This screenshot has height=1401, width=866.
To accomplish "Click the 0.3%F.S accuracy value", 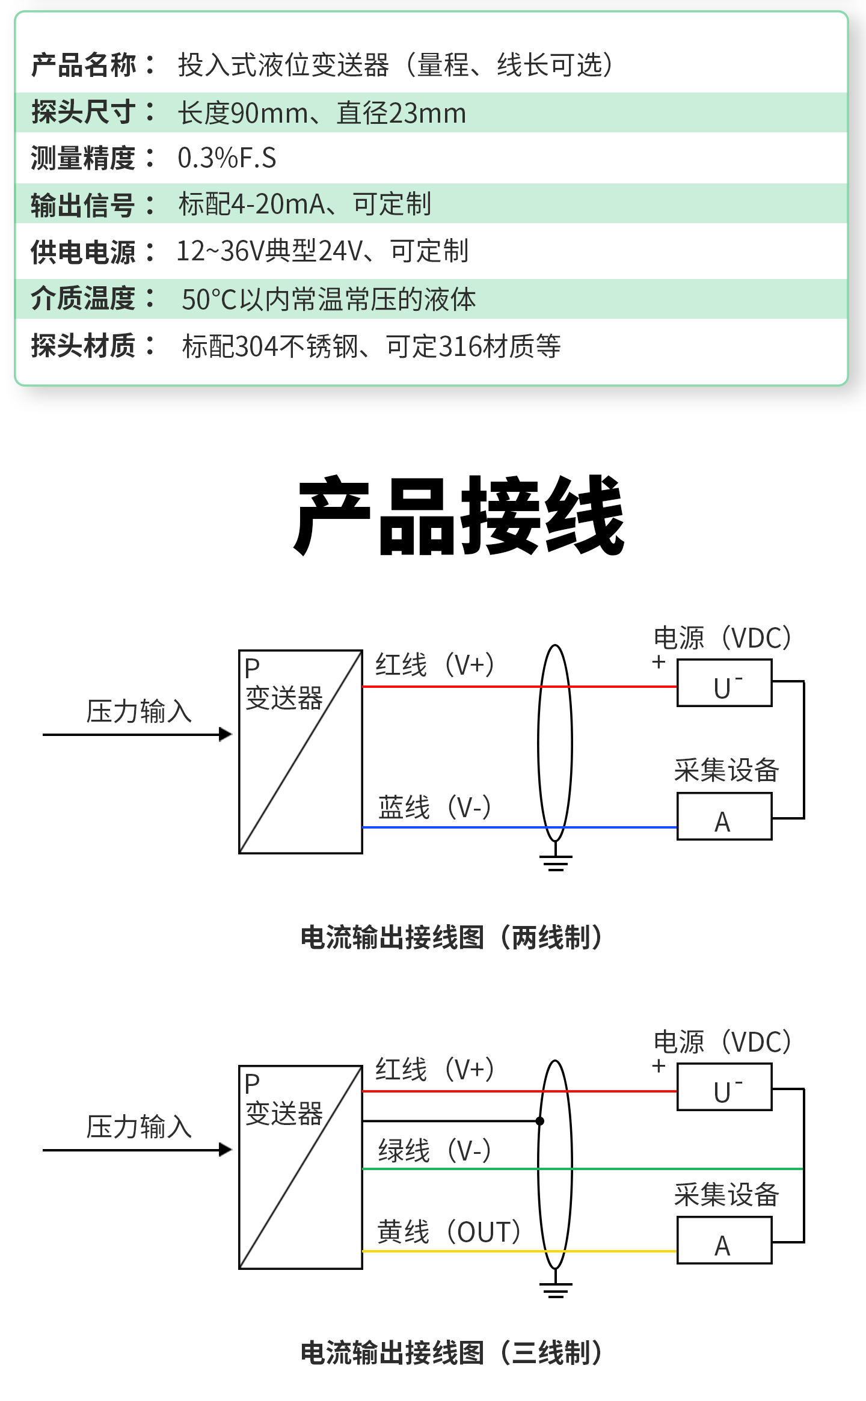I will (x=227, y=158).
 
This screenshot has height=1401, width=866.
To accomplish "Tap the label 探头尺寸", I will (x=84, y=112).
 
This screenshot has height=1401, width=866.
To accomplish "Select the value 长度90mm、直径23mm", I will (x=322, y=113).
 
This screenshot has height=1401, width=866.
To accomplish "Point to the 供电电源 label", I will (x=84, y=252).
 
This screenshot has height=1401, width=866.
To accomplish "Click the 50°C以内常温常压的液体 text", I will (x=328, y=299).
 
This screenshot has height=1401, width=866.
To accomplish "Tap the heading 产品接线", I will (x=459, y=515).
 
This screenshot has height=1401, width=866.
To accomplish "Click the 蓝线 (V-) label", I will (x=434, y=807).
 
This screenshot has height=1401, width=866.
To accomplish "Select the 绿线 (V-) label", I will (x=434, y=1151).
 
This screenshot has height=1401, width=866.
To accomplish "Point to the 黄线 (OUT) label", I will (x=449, y=1231).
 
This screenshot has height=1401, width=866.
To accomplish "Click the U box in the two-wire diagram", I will (x=724, y=683).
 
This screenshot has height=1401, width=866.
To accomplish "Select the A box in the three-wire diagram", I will (x=724, y=1240).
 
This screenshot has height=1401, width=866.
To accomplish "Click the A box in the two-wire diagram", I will (x=724, y=817).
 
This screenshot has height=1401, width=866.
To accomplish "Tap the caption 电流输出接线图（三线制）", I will (x=452, y=1353).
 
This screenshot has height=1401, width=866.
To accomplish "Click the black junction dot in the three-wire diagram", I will (x=540, y=1121).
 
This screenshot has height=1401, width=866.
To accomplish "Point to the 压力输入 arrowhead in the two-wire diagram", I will (x=226, y=734).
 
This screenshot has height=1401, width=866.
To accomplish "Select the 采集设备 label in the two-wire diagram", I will (x=726, y=770).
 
